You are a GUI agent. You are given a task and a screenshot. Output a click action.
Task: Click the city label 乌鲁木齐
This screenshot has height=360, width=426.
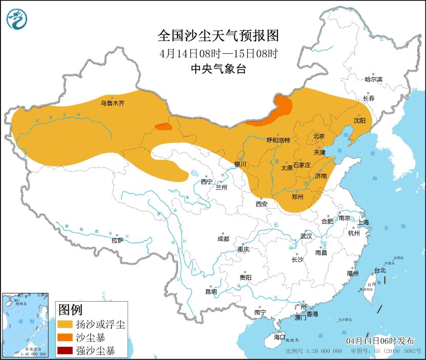pos(112,103)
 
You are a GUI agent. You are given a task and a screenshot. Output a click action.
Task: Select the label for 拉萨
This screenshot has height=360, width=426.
pos(117,240)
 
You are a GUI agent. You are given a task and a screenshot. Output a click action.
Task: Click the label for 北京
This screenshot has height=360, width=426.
pos(319,136)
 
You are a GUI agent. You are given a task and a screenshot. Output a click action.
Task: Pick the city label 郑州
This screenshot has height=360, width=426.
pos(297,197)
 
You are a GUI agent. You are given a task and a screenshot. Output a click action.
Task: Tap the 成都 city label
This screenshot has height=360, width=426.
pos(223,239)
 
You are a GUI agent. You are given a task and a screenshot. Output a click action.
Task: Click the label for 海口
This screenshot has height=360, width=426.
pos(279,337)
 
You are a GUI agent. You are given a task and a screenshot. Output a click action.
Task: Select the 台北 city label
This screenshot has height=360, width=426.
pos(379,270)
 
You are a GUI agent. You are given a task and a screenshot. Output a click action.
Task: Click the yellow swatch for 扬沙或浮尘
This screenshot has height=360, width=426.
pos(65,324)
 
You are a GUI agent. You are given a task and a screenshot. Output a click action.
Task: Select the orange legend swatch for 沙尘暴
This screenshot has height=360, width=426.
pos(65,338)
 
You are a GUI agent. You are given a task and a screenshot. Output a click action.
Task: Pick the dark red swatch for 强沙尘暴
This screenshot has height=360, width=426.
pos(65,351)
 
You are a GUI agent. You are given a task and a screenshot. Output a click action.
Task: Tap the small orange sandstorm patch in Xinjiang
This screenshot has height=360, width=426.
pos(164,126)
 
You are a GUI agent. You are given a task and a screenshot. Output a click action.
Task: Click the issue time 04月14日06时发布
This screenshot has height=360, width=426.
pos(378,341)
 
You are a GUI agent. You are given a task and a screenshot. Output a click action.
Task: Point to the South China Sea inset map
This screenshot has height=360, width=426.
pos(25,324)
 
